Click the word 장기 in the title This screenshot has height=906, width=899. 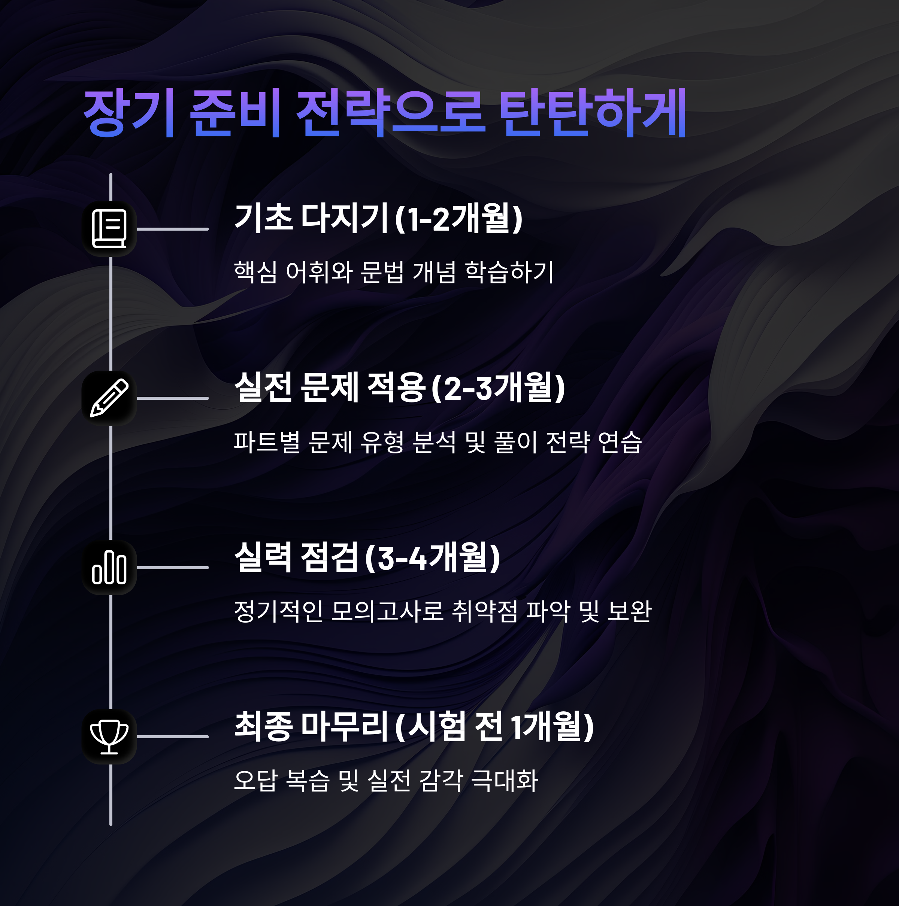coord(129,113)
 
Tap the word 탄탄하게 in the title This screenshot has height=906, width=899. coord(592,113)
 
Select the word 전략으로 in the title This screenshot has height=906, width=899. coord(390,113)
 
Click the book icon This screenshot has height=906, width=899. coord(109,229)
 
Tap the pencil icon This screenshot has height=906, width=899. coord(109,398)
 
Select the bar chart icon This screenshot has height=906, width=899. coord(109,568)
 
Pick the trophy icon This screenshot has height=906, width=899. coord(109,737)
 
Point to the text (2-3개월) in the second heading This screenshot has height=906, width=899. coord(498,388)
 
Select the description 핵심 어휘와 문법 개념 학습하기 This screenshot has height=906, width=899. coord(394,272)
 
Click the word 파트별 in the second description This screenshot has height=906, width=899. coord(266,442)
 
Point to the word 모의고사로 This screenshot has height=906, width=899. coord(387,611)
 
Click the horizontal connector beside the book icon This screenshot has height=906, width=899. coord(173,229)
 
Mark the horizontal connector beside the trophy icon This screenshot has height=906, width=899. coord(173,737)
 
